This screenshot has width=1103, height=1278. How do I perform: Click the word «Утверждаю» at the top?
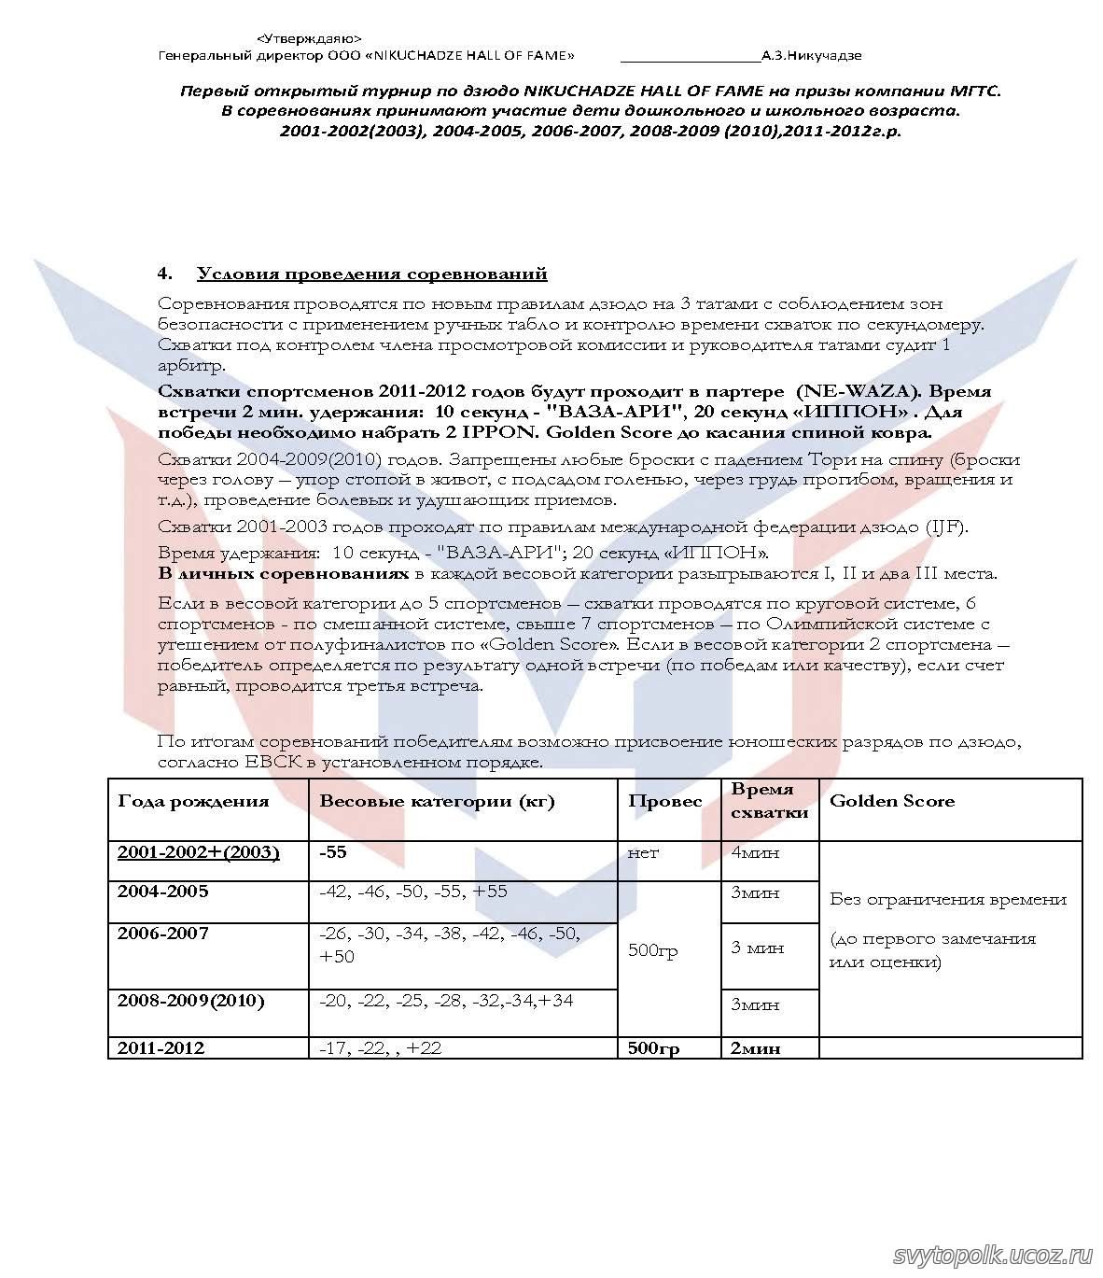pyautogui.click(x=309, y=38)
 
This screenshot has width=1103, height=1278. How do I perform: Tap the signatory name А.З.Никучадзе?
pyautogui.click(x=811, y=55)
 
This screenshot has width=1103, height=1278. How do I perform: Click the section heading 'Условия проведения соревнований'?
pyautogui.click(x=371, y=274)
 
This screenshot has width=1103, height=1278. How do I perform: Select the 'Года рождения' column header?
pyautogui.click(x=193, y=801)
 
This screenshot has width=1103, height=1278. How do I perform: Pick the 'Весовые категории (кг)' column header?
pyautogui.click(x=437, y=801)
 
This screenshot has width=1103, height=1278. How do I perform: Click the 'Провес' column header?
pyautogui.click(x=665, y=801)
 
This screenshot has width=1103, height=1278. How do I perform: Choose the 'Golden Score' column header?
pyautogui.click(x=891, y=801)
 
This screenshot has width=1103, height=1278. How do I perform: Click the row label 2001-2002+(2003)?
pyautogui.click(x=198, y=851)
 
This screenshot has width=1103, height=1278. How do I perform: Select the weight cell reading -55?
pyautogui.click(x=332, y=851)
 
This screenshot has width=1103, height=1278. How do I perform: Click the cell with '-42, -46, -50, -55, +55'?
pyautogui.click(x=413, y=891)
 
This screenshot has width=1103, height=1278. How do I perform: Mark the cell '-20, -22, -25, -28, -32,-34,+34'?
pyautogui.click(x=446, y=1001)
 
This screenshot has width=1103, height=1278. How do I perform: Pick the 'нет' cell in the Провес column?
pyautogui.click(x=643, y=851)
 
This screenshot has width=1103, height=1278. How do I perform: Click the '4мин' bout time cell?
pyautogui.click(x=755, y=851)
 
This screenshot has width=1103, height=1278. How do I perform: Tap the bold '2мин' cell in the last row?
pyautogui.click(x=755, y=1047)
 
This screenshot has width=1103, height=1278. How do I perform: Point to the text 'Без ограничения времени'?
pyautogui.click(x=948, y=899)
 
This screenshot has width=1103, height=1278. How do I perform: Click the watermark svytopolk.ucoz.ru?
pyautogui.click(x=992, y=1255)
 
